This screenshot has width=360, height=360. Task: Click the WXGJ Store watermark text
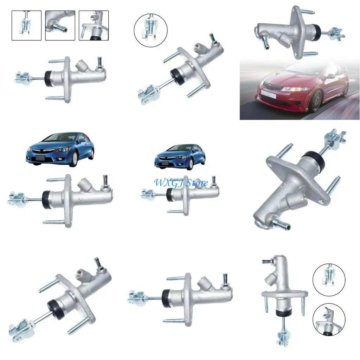(181, 183)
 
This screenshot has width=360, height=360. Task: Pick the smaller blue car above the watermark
(180, 156)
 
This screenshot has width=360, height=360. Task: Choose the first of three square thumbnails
(26, 25)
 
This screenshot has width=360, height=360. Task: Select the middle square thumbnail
(60, 25)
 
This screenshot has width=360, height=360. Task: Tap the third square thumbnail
(94, 25)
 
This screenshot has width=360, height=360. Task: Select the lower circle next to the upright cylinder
(329, 319)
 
